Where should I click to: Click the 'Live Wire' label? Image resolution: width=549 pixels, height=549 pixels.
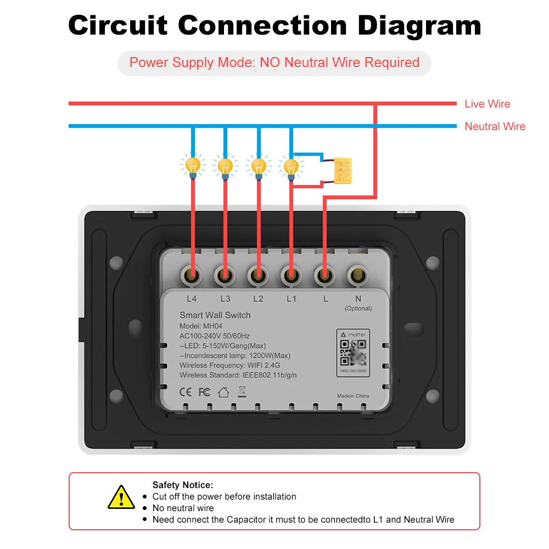click(487, 104)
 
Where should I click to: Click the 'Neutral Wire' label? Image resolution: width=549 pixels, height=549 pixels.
click(495, 126)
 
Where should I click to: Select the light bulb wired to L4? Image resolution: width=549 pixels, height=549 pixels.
click(192, 166)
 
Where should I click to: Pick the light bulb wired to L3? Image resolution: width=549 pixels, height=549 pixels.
click(225, 166)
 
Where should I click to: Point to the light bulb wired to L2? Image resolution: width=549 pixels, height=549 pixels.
click(258, 166)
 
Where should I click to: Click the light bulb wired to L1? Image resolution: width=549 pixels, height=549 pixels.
click(290, 166)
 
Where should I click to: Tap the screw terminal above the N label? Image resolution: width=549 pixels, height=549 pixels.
click(358, 272)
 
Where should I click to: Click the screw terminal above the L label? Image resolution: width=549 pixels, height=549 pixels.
click(325, 272)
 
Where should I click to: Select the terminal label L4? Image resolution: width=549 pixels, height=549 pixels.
click(192, 299)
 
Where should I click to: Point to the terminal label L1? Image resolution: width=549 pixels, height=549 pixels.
click(291, 299)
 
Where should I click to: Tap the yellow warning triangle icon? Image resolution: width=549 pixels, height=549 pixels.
click(121, 497)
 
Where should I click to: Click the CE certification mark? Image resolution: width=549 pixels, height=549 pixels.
click(186, 392)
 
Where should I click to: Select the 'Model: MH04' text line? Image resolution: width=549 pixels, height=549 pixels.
click(201, 326)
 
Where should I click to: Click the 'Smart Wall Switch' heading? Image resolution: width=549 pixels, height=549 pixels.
click(215, 315)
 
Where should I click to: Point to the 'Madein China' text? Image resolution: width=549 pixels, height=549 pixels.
click(353, 396)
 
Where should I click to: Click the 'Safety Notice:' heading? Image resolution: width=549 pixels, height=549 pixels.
click(182, 485)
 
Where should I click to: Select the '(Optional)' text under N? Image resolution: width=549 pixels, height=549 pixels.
click(358, 309)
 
